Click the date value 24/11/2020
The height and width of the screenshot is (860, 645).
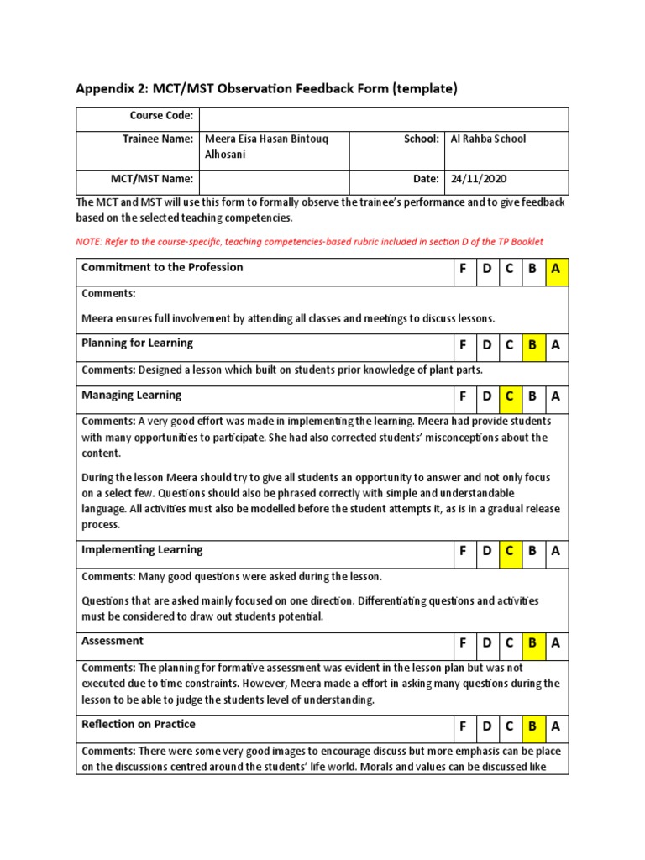(479, 179)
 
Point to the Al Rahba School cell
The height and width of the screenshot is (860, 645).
(488, 139)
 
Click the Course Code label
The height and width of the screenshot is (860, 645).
(161, 115)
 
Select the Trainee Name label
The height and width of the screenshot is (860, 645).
(158, 139)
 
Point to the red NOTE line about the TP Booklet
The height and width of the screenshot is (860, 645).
(310, 241)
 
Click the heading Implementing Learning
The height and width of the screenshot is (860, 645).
(142, 549)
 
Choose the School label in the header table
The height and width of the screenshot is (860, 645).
(422, 139)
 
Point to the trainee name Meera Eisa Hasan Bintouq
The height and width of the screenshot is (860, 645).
(270, 139)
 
